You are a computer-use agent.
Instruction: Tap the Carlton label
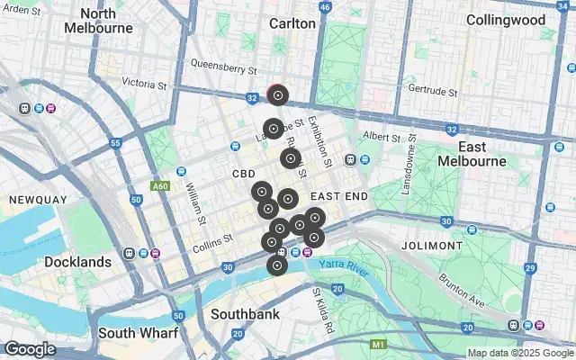click(292, 23)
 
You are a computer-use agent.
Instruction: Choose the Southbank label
click(244, 314)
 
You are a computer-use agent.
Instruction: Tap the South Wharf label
click(138, 332)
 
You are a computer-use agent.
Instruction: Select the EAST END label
click(339, 195)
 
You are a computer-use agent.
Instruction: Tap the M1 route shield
click(378, 344)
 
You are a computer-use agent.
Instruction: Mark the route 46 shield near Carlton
click(325, 6)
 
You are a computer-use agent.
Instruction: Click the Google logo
click(30, 349)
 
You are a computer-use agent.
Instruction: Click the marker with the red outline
click(278, 94)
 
